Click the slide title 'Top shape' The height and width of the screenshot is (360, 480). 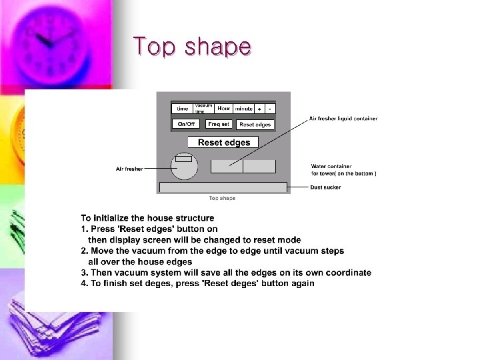tap(192, 47)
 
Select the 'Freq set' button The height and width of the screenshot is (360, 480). tap(219, 124)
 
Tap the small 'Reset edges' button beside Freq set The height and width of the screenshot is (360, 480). tap(255, 125)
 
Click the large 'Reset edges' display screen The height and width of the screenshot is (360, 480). tap(223, 142)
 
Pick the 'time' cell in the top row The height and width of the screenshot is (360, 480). tap(182, 109)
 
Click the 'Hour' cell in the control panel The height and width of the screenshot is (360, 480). tap(223, 108)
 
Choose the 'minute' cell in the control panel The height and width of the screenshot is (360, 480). tap(243, 109)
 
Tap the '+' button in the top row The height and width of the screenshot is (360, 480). tap(259, 109)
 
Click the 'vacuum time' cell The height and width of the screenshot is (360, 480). tap(203, 108)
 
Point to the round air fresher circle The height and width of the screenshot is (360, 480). tap(184, 167)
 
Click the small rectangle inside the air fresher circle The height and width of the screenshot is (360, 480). tap(183, 159)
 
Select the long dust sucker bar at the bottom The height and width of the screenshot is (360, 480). tap(223, 187)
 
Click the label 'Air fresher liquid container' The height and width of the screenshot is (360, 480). tap(343, 119)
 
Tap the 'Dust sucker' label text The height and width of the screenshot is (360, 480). tap(325, 187)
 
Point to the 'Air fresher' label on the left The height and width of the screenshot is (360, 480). tap(129, 169)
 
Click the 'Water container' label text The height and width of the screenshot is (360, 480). tap(331, 166)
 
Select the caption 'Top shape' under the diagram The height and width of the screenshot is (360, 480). tap(222, 198)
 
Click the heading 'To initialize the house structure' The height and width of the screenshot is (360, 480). tap(147, 218)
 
